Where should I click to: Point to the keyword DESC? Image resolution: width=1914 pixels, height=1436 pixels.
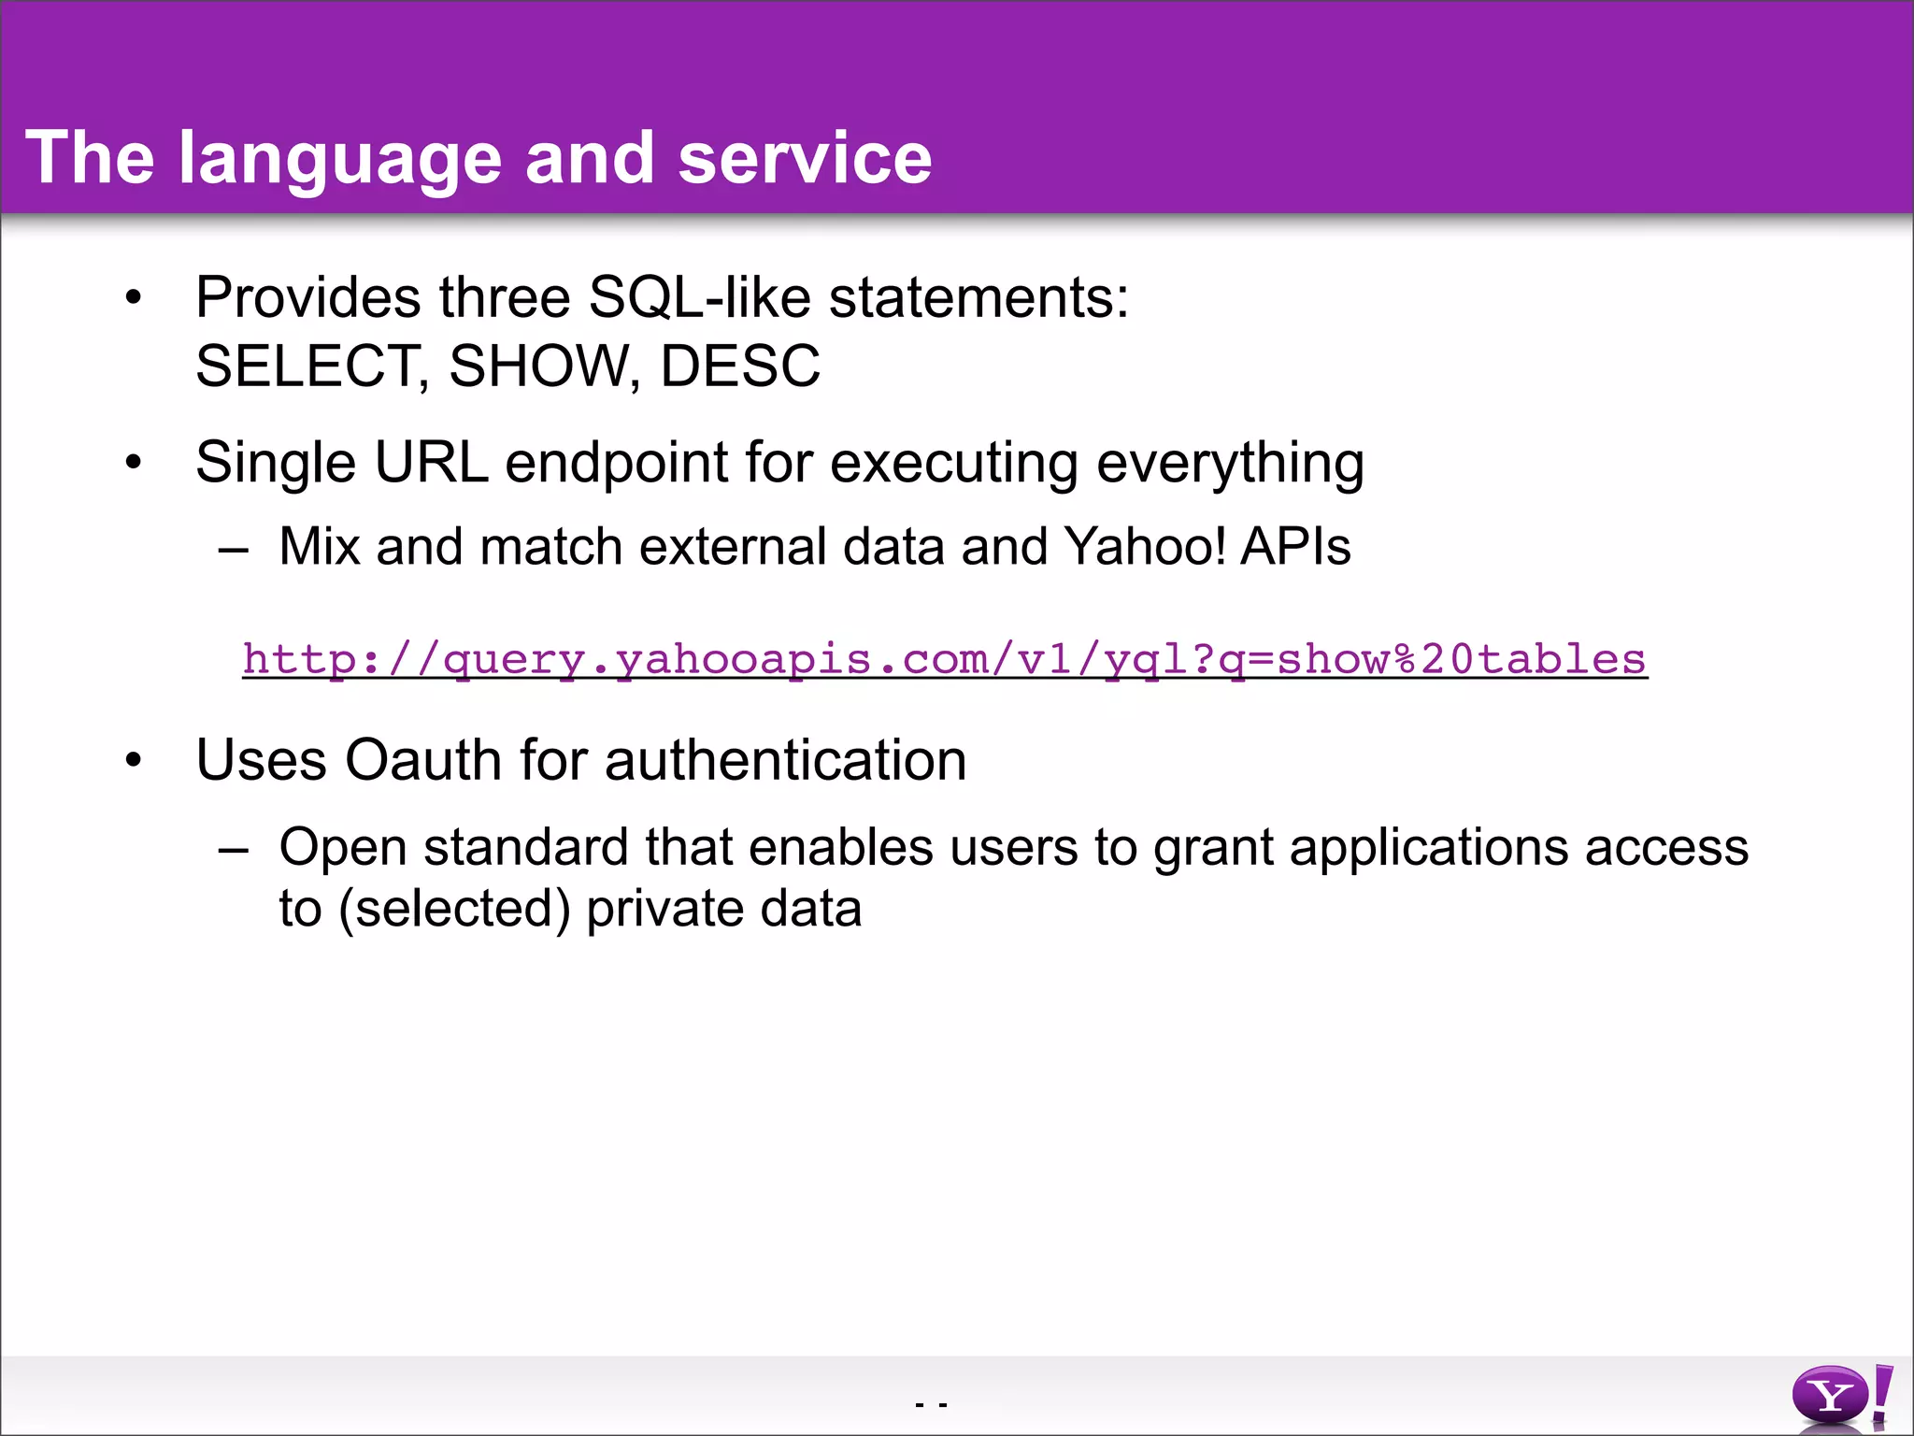740,366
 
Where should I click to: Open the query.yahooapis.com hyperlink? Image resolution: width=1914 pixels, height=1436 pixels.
944,659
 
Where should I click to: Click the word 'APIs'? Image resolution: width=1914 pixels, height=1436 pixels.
1295,546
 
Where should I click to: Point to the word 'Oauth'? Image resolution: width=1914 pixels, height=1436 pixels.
423,759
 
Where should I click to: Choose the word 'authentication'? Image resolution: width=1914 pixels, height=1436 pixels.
785,759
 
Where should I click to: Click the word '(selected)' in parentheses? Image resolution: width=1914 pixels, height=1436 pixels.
454,910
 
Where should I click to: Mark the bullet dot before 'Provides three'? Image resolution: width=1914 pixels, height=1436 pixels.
134,298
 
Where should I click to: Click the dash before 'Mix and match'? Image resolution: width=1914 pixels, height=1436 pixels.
233,550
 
